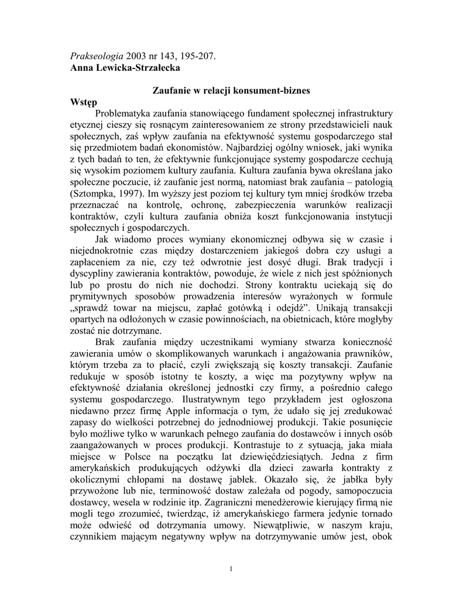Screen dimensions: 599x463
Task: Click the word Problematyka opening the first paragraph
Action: tap(131, 113)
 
